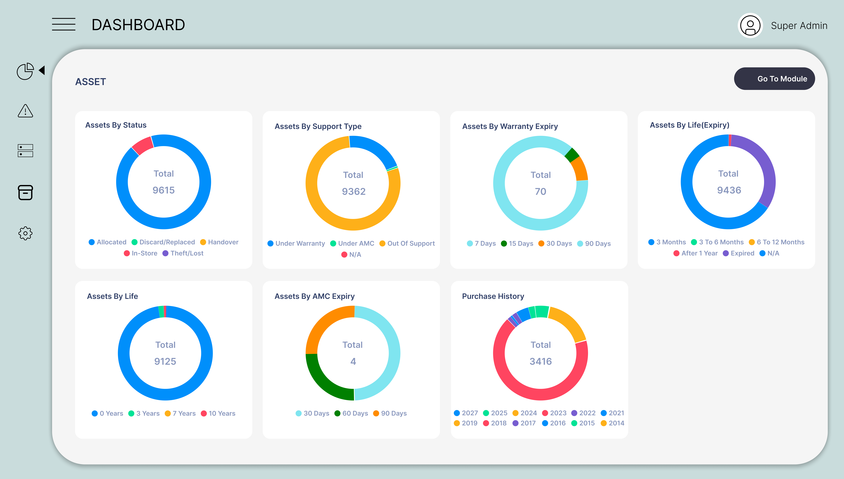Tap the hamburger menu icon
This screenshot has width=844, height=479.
coord(64,24)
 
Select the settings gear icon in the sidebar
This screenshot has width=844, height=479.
coord(25,233)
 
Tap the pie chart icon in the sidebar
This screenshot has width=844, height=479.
coord(25,71)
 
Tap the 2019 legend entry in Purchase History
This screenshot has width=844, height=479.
coord(469,423)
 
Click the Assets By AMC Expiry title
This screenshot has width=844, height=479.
coord(315,296)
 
